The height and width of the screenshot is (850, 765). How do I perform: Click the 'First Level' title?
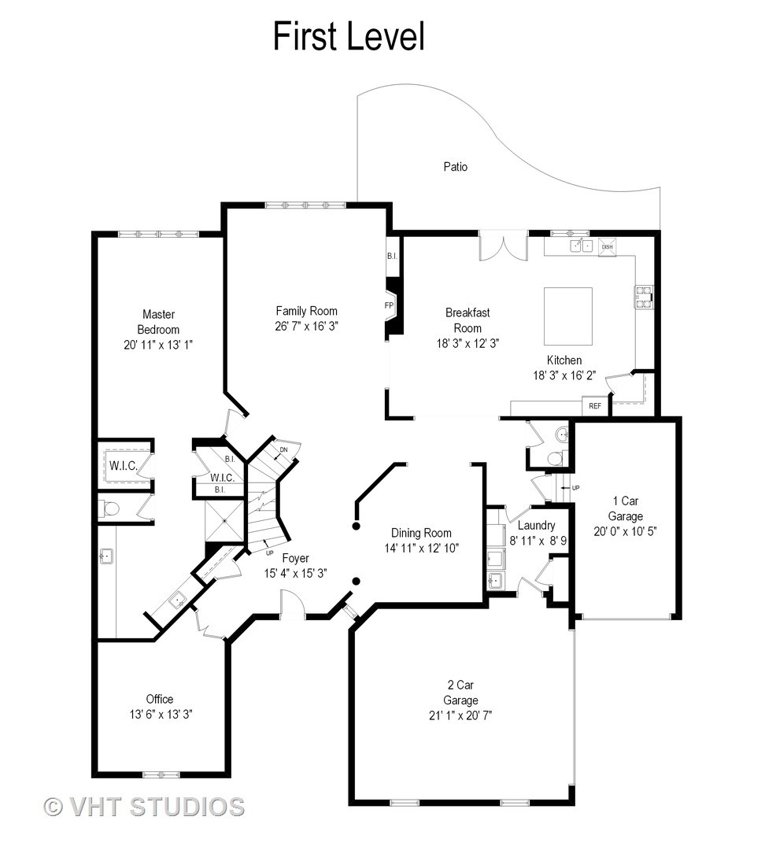[349, 36]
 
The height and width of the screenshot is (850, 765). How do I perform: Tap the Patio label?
[456, 166]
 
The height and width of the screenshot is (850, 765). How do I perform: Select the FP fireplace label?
[389, 305]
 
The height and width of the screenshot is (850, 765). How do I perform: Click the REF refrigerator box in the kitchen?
[595, 405]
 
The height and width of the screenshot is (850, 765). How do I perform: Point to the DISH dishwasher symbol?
[608, 246]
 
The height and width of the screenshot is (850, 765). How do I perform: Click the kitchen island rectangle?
[568, 316]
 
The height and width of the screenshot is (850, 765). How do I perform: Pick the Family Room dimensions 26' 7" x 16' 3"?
[307, 327]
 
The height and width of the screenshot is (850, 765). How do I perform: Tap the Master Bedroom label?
[158, 322]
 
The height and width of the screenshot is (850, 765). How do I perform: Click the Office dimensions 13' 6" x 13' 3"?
[161, 715]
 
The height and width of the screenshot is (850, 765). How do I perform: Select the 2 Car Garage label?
[461, 693]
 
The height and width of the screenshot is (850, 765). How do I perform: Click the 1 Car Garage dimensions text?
[625, 531]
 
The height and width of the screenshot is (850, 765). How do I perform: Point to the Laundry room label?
[536, 525]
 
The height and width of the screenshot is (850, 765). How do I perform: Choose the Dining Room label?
[421, 533]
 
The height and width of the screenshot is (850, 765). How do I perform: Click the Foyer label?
[295, 558]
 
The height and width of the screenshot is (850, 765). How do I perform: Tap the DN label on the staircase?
[283, 450]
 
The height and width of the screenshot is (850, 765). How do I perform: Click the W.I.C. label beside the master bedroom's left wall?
[123, 465]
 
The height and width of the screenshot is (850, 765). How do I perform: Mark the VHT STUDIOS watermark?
[144, 807]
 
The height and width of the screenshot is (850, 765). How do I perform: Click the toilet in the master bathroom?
[109, 509]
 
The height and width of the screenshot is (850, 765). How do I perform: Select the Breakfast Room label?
[468, 320]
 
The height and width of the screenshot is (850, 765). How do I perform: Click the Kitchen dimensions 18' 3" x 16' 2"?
[564, 375]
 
